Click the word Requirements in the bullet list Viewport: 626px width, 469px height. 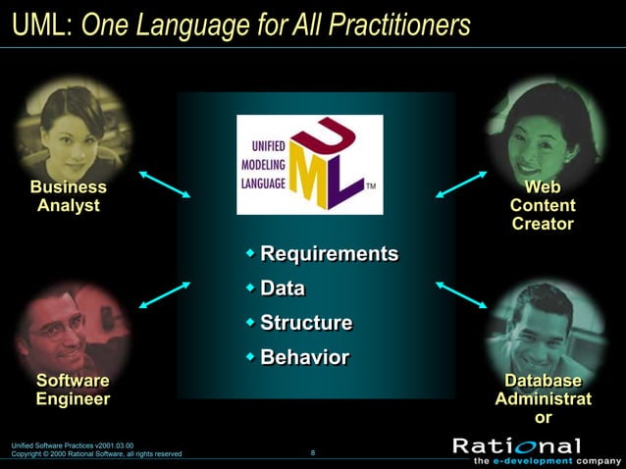(329, 254)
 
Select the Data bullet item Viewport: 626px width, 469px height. (282, 288)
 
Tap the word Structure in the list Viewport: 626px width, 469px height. (305, 323)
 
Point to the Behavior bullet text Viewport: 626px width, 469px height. (304, 357)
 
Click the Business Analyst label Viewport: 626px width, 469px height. (69, 196)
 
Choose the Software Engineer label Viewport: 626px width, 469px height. (73, 390)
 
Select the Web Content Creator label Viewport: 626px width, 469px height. (543, 205)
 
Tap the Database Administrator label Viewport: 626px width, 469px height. (543, 398)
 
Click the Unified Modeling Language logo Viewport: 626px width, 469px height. (309, 164)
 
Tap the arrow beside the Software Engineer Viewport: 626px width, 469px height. (164, 295)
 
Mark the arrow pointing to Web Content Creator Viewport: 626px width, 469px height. (461, 184)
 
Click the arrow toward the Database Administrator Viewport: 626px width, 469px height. (461, 295)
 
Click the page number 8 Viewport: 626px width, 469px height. (312, 452)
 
